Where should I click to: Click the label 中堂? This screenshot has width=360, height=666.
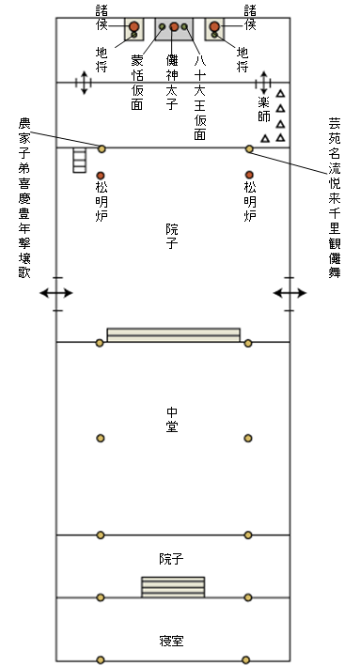coord(172,419)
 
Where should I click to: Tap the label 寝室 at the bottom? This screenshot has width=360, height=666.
coord(172,642)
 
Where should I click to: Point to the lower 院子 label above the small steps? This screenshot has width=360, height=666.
coord(172,559)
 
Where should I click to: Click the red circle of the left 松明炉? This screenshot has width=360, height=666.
coord(101,175)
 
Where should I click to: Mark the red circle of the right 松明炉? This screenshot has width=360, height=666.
coord(249,175)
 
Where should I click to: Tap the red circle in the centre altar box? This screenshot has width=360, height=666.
coord(174,26)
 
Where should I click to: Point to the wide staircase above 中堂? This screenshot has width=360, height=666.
coord(174,334)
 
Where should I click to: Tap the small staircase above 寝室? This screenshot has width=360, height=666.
coord(172,586)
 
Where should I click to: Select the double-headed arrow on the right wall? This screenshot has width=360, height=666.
coord(290,293)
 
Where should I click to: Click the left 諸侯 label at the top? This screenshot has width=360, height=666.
coord(102,18)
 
